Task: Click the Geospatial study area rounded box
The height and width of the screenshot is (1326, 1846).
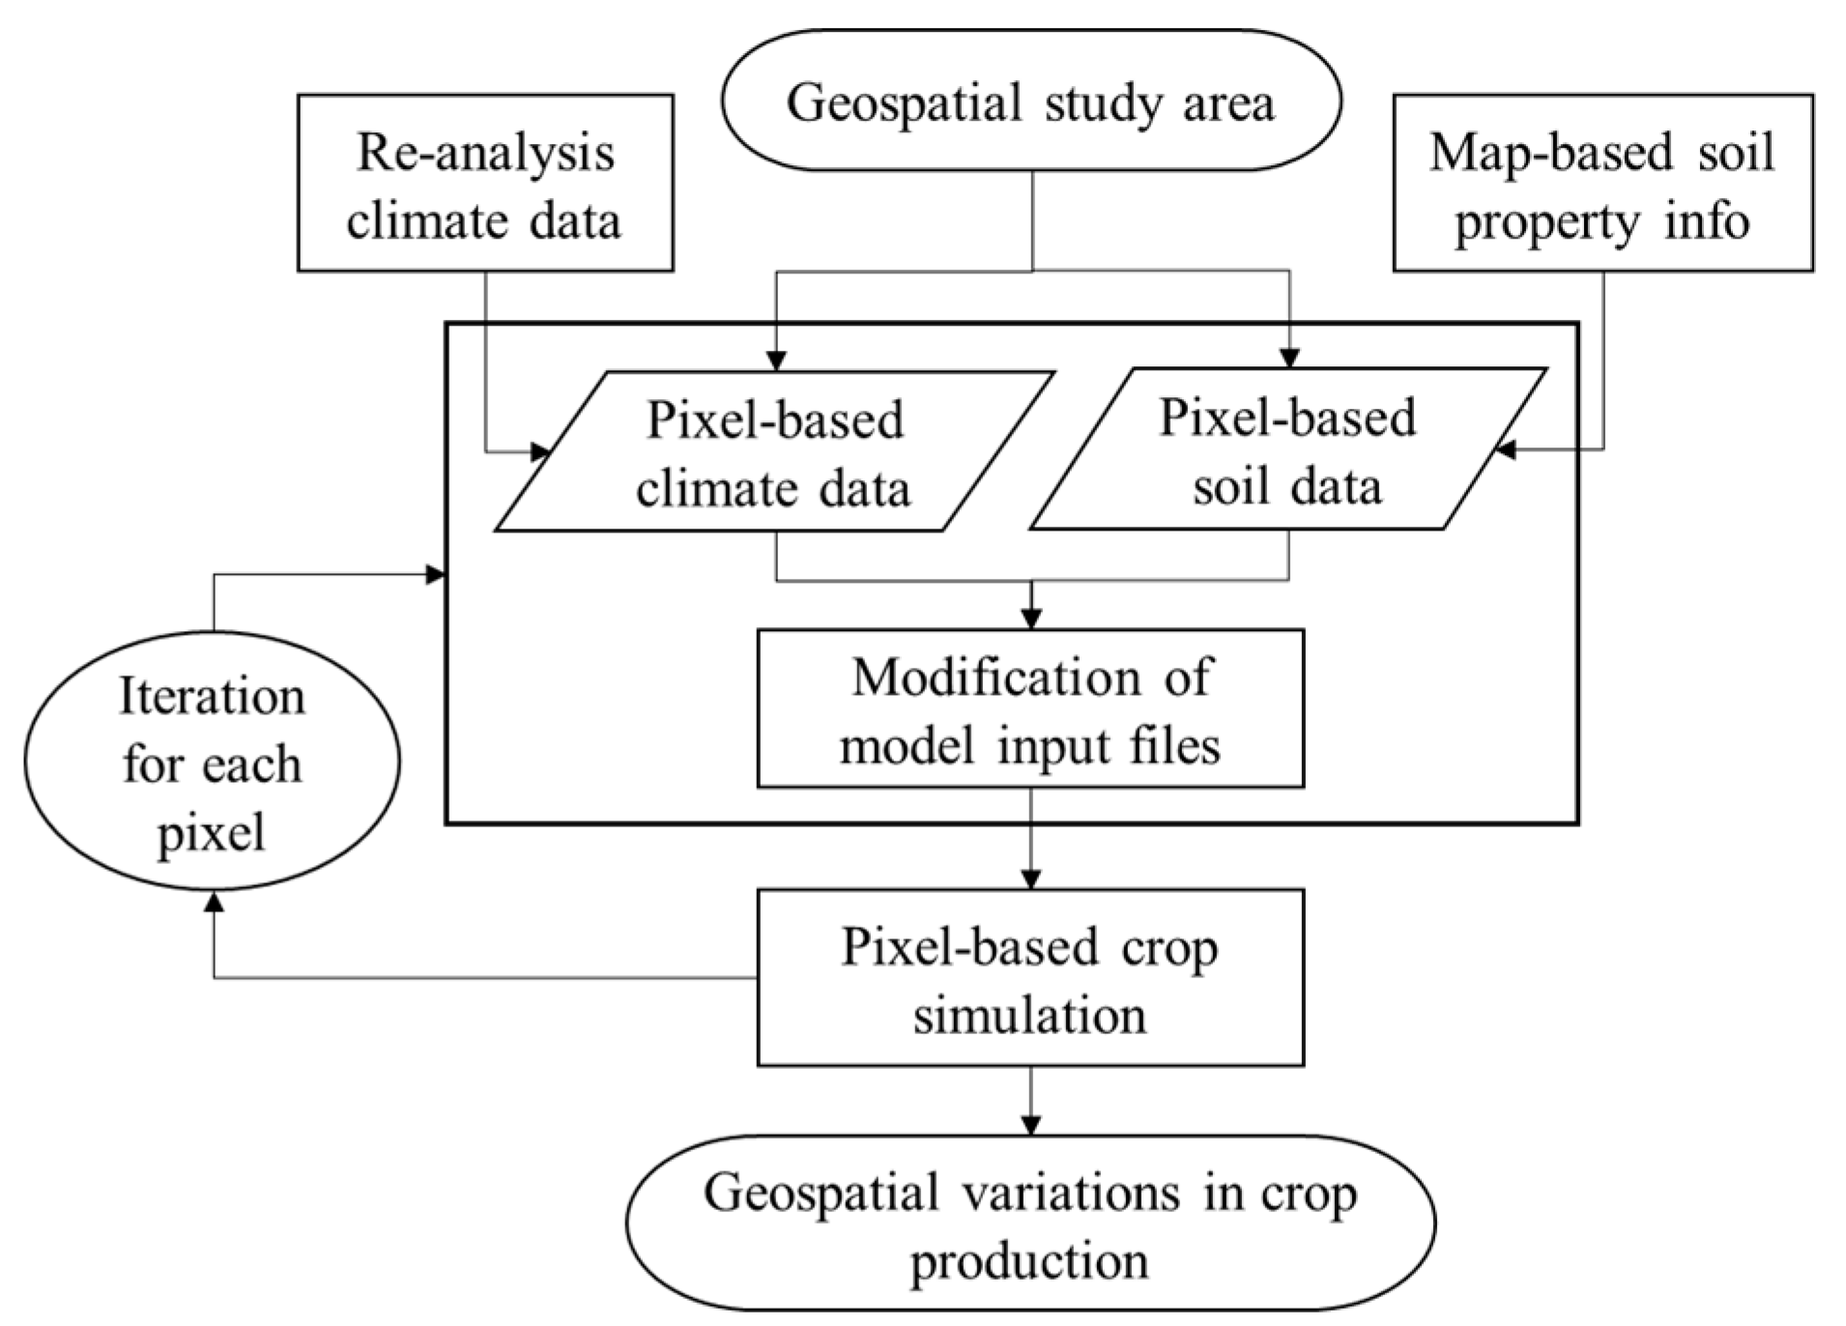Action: click(x=1030, y=101)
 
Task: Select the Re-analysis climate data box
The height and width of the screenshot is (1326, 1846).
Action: click(x=485, y=183)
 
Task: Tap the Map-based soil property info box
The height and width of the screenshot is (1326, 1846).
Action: click(x=1602, y=183)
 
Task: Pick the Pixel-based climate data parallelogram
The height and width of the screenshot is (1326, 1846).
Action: click(x=773, y=452)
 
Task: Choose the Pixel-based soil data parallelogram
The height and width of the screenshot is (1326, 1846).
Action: click(x=1287, y=449)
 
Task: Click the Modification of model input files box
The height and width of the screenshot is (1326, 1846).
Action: click(x=1030, y=709)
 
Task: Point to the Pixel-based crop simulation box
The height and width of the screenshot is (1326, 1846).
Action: click(x=1030, y=978)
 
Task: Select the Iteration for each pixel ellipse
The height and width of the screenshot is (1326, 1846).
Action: click(x=212, y=762)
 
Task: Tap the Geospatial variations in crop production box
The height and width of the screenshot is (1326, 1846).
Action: click(x=1030, y=1224)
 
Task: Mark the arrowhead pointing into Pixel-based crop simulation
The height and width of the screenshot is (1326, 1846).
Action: click(x=1031, y=879)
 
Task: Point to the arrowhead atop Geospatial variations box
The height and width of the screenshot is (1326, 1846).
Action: click(x=1031, y=1125)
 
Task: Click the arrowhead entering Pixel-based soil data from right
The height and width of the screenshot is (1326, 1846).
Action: click(x=1505, y=449)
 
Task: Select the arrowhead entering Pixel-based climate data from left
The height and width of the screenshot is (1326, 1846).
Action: click(x=539, y=452)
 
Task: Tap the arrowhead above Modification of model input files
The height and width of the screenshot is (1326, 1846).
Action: click(x=1031, y=619)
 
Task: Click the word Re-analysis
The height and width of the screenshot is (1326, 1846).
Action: click(x=485, y=153)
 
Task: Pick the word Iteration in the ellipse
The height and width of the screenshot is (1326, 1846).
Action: click(x=212, y=696)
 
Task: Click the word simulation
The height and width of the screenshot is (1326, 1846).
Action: click(x=1030, y=1015)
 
